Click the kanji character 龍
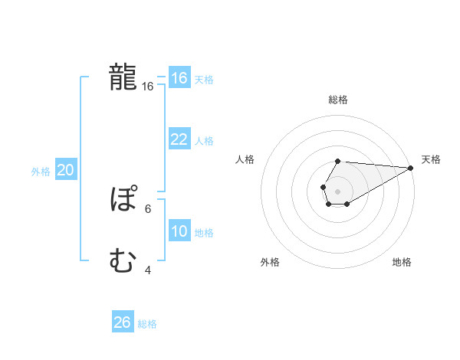pos(123,78)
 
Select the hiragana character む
pos(123,262)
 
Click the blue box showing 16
pos(179,78)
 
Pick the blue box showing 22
pos(179,139)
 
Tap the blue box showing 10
pos(179,231)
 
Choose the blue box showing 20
pos(66,171)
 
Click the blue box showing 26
pos(123,322)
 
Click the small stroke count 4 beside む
pos(148,270)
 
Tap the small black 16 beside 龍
pos(148,87)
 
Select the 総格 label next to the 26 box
pos(147,324)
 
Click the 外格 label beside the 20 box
pos(41,172)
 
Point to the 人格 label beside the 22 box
pos(204,141)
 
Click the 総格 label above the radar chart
pos(338,100)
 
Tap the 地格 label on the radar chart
pos(402,263)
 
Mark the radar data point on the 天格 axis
pos(411,168)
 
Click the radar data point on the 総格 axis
pos(338,161)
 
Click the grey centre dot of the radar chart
pos(338,191)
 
